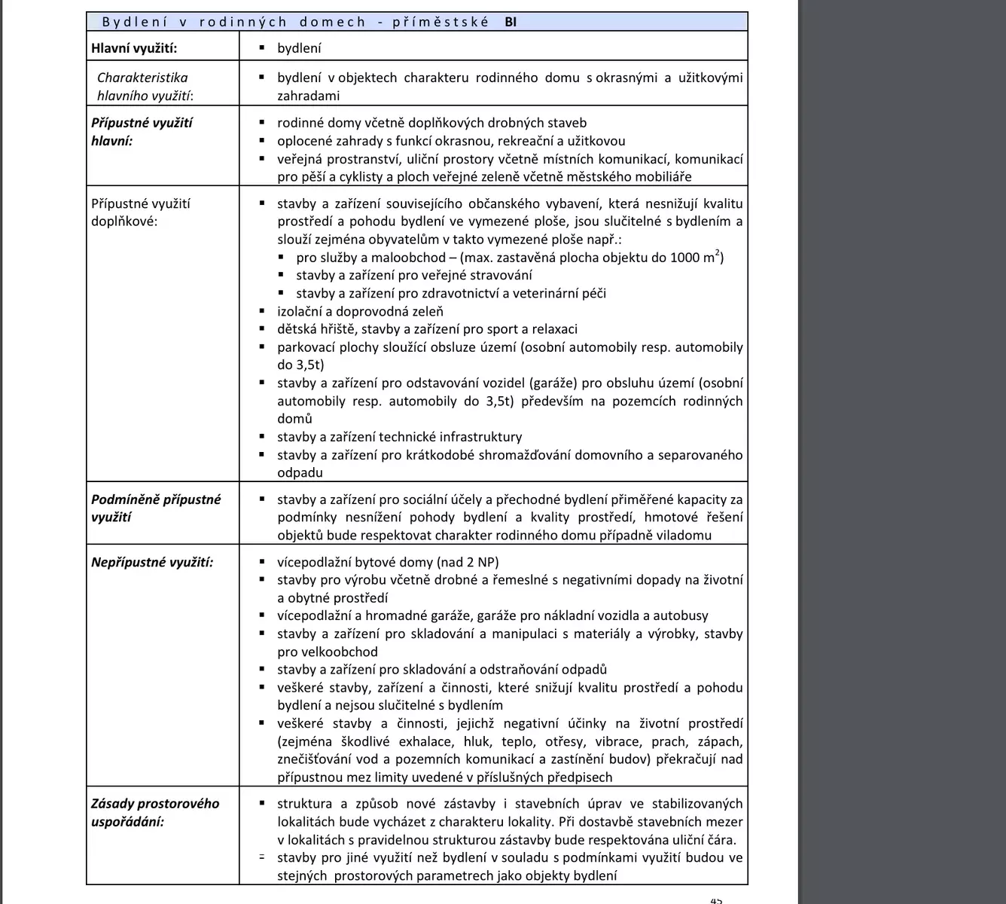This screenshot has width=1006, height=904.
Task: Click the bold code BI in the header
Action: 511,22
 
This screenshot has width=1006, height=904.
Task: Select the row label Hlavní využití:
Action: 134,48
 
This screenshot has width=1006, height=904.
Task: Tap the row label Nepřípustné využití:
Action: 152,562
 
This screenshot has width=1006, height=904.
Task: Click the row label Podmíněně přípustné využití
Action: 156,508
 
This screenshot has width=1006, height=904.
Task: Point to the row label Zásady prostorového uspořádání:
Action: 155,812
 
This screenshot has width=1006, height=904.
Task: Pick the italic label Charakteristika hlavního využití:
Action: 143,87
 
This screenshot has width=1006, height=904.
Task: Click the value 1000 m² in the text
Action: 697,257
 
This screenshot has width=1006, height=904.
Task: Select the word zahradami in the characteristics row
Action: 308,96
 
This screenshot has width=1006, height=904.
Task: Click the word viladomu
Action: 683,536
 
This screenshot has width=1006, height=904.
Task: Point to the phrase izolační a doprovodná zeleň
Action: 360,311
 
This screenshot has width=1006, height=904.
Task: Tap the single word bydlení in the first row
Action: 299,48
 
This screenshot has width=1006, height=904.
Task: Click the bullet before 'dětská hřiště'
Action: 261,329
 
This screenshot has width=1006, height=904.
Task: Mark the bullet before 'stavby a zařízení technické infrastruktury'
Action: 261,437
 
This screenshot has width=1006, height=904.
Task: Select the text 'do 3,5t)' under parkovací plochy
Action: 300,365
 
